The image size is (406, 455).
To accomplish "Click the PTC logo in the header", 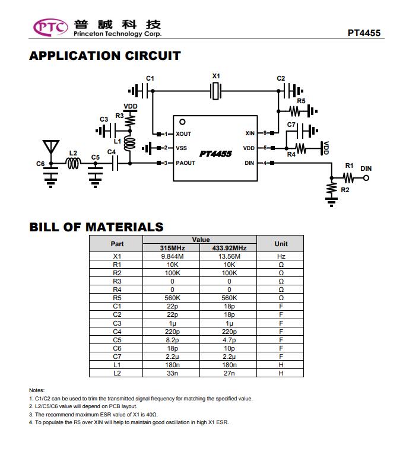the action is (50, 27).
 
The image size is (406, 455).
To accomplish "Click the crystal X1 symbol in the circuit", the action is (216, 91).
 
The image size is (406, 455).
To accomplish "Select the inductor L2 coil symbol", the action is (73, 163).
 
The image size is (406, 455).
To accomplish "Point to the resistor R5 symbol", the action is (295, 111).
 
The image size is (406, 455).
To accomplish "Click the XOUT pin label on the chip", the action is (183, 134).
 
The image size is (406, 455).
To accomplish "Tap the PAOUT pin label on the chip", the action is (185, 163).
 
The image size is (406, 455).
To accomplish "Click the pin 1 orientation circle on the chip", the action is (182, 122).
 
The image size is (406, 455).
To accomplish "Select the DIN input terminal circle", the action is (366, 178).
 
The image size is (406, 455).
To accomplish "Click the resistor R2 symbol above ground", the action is (331, 189).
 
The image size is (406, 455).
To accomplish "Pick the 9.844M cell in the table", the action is (172, 256).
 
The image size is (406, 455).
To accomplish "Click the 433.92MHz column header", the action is (229, 248).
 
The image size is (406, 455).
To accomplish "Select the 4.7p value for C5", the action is (229, 340).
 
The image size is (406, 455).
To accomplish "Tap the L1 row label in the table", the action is (117, 365).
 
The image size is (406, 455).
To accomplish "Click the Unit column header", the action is (281, 244).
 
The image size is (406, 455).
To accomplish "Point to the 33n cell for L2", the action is (172, 373).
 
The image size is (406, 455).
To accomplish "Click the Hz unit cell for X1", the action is (281, 256).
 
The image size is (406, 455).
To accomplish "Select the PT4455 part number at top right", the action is (364, 33).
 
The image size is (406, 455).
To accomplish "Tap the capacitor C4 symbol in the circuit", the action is (115, 163).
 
